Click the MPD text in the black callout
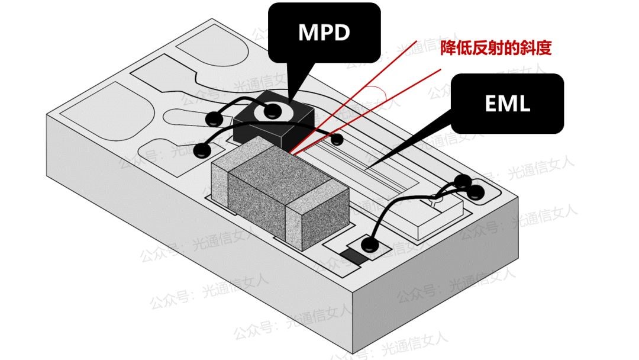coord(324,33)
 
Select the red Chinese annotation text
coord(496,48)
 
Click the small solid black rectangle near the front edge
coord(354,258)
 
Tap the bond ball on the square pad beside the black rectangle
coord(371,243)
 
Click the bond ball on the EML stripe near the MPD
coord(337,140)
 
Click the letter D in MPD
coord(341,33)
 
